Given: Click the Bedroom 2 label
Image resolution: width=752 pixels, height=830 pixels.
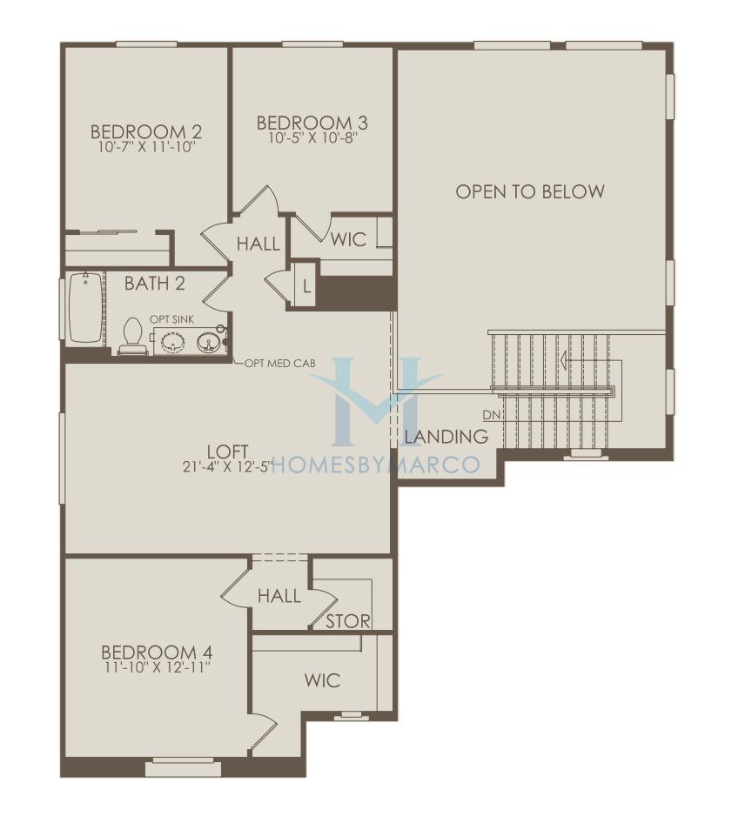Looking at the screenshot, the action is pos(146,131).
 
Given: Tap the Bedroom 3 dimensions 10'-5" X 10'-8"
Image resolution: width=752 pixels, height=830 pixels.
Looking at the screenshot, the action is pos(313,138).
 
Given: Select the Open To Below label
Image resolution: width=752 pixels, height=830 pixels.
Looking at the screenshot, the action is pos(530,191).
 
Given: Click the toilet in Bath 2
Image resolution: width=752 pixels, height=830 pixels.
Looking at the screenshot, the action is pos(131,336).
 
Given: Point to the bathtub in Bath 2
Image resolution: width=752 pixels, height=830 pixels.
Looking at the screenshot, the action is pos(85,307).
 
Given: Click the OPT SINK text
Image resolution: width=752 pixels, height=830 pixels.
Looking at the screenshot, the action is pos(172,319).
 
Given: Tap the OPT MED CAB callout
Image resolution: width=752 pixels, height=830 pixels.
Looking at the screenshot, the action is pos(280,363).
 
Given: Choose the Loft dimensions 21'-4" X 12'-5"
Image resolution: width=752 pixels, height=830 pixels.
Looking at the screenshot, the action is pos(228,466).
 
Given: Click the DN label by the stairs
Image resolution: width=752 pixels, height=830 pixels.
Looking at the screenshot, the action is pos(492,415).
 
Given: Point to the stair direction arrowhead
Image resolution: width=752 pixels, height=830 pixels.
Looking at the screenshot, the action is pos(565,361).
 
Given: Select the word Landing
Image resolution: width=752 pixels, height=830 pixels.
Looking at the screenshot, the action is pos(446,437).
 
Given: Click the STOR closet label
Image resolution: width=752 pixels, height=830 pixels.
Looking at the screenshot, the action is pos(348,621).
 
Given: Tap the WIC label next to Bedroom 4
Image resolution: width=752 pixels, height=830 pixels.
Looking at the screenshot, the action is pos(323,680).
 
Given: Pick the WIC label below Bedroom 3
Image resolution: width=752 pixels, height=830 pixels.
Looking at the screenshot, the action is pos(348,240).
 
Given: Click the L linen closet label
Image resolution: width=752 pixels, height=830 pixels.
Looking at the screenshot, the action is pos(306,287).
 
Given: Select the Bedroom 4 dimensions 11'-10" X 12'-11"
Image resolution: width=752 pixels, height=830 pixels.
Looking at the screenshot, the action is pos(158,667).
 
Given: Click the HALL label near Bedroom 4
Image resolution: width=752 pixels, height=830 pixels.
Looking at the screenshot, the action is pos(279,597).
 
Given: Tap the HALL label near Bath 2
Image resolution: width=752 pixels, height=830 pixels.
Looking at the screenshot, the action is pos(258,244).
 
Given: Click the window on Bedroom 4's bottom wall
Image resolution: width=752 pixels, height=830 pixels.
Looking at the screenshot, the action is pos(183,767).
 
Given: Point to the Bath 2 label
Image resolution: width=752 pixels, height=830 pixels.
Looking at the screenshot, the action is pos(155,284).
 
